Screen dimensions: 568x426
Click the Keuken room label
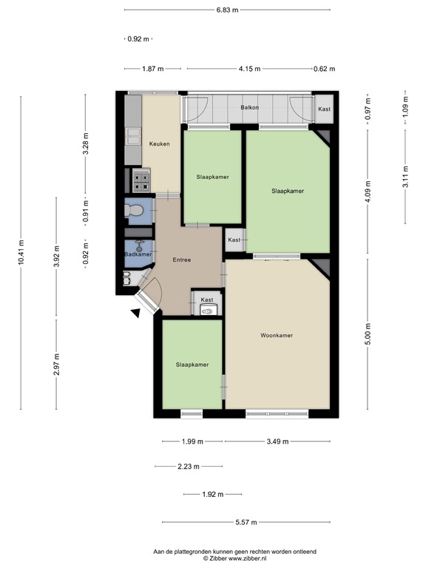click(160, 143)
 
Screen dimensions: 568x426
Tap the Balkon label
click(249, 108)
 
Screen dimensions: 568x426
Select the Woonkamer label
click(277, 335)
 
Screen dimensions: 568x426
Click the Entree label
click(182, 260)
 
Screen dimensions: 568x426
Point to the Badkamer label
click(138, 254)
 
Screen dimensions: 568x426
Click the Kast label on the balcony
click(324, 109)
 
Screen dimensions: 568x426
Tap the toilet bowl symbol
click(132, 211)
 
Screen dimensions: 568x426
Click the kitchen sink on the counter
click(134, 135)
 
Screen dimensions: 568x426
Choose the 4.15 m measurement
click(249, 69)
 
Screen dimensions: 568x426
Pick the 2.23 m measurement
click(189, 467)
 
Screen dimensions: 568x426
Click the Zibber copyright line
click(234, 559)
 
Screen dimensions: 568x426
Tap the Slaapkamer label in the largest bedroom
click(288, 191)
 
